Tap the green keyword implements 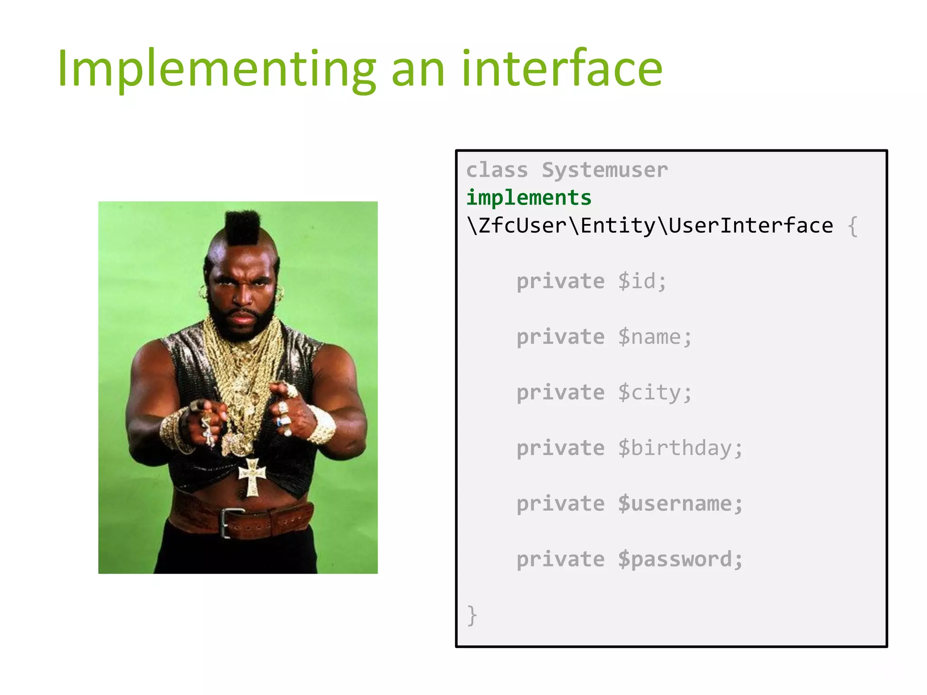click(529, 198)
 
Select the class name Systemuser click(605, 170)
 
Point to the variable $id click(642, 281)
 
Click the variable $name click(655, 337)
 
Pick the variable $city click(655, 393)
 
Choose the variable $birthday click(680, 448)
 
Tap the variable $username click(680, 504)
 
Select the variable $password click(680, 560)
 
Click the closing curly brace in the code click(472, 615)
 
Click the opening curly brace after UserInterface click(852, 226)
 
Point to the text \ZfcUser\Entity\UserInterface click(650, 226)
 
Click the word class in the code click(497, 170)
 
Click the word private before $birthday click(560, 448)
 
